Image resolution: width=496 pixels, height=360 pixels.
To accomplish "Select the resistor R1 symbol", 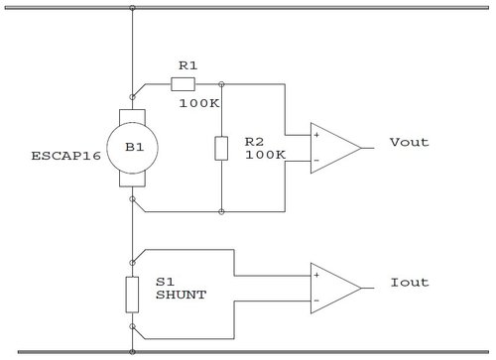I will pyautogui.click(x=185, y=84).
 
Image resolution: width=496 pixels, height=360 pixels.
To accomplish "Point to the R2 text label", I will pyautogui.click(x=255, y=142).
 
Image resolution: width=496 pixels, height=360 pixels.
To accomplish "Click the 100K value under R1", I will pyautogui.click(x=198, y=102).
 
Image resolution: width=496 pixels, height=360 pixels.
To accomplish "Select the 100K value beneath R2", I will pyautogui.click(x=264, y=156).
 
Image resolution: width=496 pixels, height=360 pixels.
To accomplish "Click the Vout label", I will pyautogui.click(x=410, y=143).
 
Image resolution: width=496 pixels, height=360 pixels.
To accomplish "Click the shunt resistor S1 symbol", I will pyautogui.click(x=132, y=295).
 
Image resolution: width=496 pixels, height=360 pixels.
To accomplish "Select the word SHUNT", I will pyautogui.click(x=181, y=297).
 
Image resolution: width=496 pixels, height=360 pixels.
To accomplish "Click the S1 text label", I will pyautogui.click(x=165, y=283).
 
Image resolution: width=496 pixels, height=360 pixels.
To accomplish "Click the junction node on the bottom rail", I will pyautogui.click(x=132, y=350).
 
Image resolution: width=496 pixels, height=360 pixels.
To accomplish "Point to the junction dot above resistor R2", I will pyautogui.click(x=220, y=84).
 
